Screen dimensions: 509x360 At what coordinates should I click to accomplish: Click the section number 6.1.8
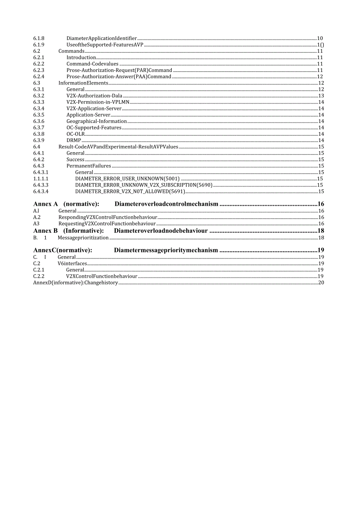click(39, 38)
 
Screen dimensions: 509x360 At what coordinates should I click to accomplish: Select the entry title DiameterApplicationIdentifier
click(101, 38)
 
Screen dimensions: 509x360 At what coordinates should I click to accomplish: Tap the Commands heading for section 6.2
click(71, 51)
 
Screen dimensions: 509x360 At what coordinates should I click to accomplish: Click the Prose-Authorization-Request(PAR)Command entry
click(119, 70)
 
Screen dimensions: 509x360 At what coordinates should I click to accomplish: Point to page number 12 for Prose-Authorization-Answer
click(320, 77)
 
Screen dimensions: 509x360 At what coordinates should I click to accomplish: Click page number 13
click(321, 96)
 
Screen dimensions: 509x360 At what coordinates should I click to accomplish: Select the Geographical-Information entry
click(96, 121)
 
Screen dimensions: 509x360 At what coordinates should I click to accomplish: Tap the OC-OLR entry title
click(76, 134)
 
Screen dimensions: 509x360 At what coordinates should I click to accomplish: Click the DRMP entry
click(74, 140)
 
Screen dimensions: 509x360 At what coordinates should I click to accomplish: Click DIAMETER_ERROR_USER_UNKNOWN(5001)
click(127, 179)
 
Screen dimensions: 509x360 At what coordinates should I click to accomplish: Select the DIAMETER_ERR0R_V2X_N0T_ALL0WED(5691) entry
click(130, 192)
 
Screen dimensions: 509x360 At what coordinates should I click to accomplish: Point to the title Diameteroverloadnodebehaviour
click(161, 231)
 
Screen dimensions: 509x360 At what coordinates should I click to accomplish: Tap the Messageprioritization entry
click(83, 237)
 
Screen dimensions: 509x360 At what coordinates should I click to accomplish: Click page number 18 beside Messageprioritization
click(321, 237)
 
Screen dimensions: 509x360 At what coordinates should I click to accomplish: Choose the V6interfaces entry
click(72, 264)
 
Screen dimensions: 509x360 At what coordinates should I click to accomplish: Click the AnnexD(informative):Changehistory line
click(75, 282)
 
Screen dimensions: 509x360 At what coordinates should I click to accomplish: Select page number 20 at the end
click(321, 282)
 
